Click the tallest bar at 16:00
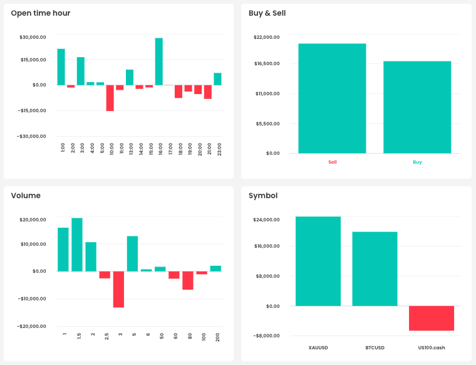click(159, 61)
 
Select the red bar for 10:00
click(110, 98)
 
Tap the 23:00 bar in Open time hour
click(217, 79)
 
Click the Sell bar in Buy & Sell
click(332, 98)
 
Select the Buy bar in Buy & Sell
click(417, 107)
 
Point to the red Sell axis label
click(332, 162)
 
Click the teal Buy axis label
click(417, 162)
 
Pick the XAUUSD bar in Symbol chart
click(318, 261)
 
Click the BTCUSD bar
click(375, 268)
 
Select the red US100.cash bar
click(432, 318)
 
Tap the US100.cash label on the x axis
click(432, 347)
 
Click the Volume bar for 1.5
click(77, 245)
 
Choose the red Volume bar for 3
click(118, 289)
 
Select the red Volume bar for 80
click(188, 280)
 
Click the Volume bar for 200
click(215, 268)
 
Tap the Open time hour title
click(41, 13)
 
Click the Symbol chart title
click(263, 196)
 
